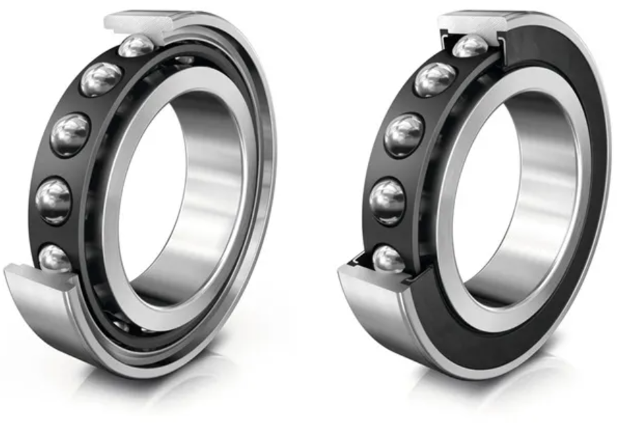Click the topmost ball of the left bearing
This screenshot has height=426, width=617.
(x=136, y=47)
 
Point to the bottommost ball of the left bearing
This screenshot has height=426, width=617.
(x=55, y=258)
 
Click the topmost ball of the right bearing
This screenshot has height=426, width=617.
(x=470, y=47)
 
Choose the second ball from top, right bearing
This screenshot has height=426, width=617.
(x=435, y=79)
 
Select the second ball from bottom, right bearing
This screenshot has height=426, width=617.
(x=387, y=201)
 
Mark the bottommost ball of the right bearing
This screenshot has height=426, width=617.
(x=388, y=259)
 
